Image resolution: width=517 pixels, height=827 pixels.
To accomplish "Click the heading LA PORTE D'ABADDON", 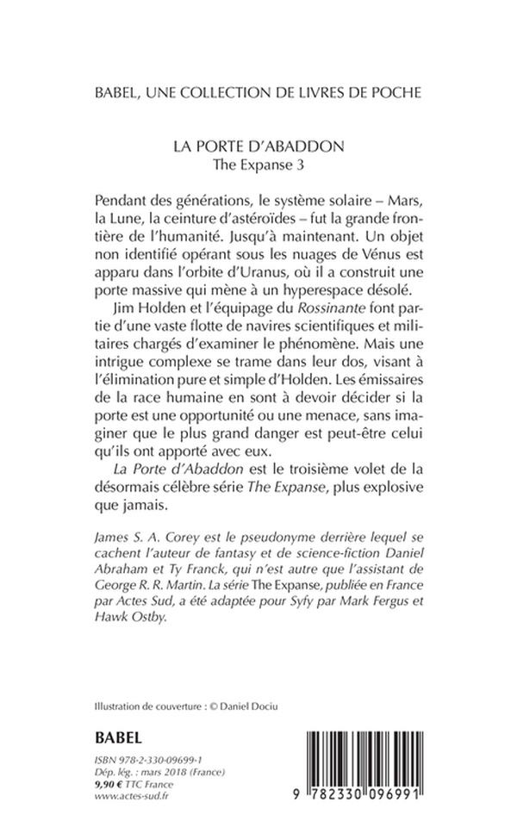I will pyautogui.click(x=258, y=146).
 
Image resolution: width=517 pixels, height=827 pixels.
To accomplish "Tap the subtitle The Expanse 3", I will pyautogui.click(x=258, y=164).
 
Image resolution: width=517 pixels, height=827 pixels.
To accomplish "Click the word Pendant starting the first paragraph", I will pyautogui.click(x=123, y=201).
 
